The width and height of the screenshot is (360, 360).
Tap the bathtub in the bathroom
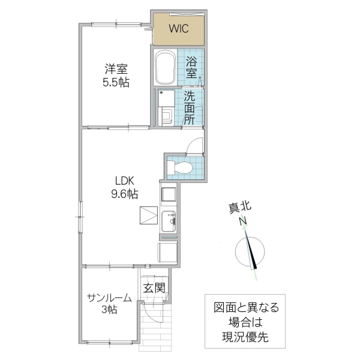(x=165, y=67)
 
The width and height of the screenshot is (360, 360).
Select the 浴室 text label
(x=191, y=67)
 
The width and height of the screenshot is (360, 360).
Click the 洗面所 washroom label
(x=190, y=107)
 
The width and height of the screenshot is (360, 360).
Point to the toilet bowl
(x=182, y=168)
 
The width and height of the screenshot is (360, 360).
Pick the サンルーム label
(x=109, y=297)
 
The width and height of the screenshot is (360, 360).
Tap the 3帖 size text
(x=109, y=310)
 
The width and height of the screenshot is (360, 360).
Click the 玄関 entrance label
(x=154, y=288)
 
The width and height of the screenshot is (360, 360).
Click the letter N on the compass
(x=243, y=221)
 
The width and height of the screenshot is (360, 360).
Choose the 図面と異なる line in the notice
(x=247, y=308)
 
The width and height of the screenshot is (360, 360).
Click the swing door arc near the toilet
(x=193, y=145)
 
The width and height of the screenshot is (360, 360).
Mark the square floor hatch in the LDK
(x=148, y=217)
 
